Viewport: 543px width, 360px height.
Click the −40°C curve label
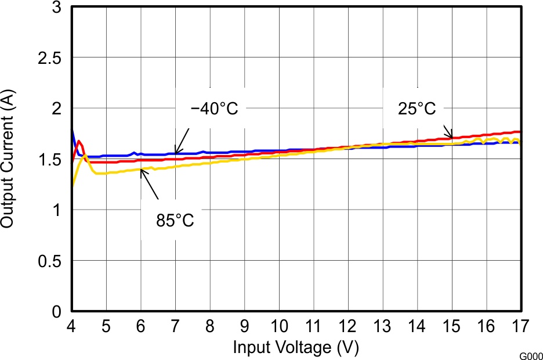pos(214,109)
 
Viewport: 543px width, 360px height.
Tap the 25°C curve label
pos(417,109)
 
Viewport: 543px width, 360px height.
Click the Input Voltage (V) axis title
pos(296,347)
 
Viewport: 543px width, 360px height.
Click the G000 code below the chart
pos(530,355)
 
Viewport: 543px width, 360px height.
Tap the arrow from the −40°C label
pos(183,139)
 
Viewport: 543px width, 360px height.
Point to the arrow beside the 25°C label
pos(447,131)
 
